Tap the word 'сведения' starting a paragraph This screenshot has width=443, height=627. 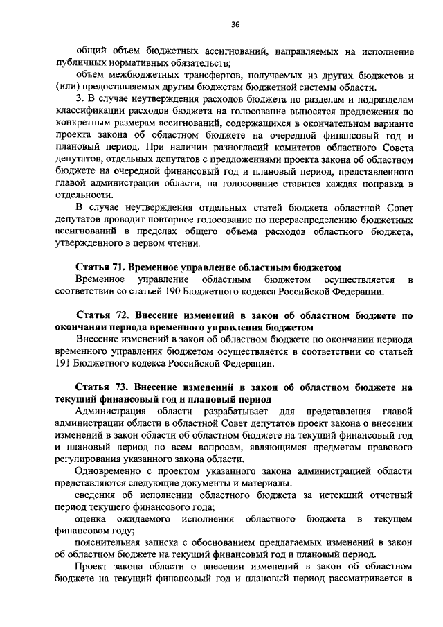coord(96,495)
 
